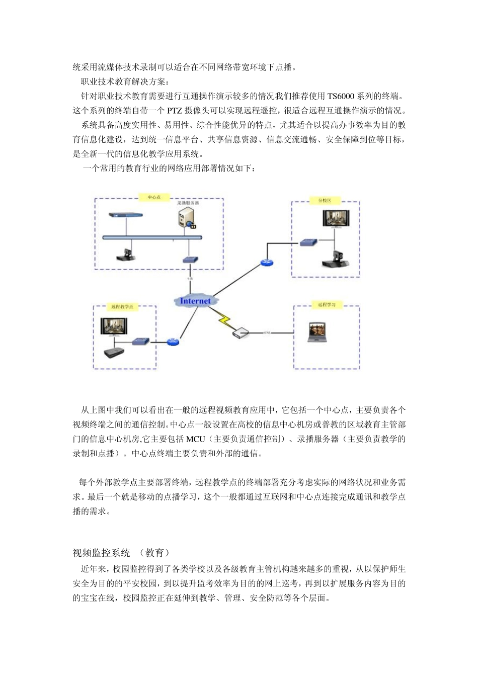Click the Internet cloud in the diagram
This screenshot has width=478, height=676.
(x=196, y=301)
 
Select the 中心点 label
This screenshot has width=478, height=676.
(x=153, y=198)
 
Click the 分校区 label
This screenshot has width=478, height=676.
(x=325, y=200)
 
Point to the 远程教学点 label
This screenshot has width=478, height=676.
(x=121, y=307)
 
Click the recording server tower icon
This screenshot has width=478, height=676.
(x=186, y=217)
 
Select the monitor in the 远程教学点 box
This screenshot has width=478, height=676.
(x=116, y=328)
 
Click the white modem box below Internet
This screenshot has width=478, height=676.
(x=241, y=332)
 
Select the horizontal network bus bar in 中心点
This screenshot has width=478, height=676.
(x=151, y=236)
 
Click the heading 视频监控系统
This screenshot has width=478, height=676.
(x=102, y=553)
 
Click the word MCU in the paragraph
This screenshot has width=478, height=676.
(x=196, y=439)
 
